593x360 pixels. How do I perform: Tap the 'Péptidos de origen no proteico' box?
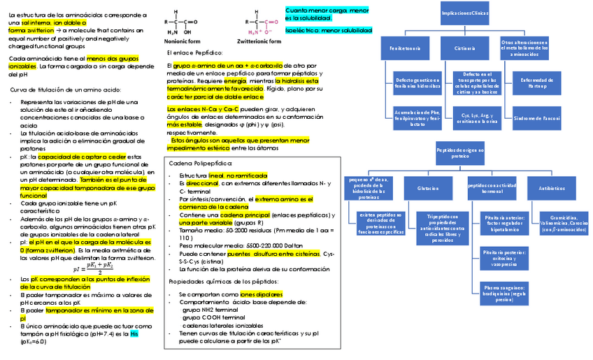click(x=460, y=153)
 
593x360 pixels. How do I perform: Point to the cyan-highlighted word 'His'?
click(x=134, y=333)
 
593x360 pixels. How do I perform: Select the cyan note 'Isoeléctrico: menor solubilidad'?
click(x=328, y=31)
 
